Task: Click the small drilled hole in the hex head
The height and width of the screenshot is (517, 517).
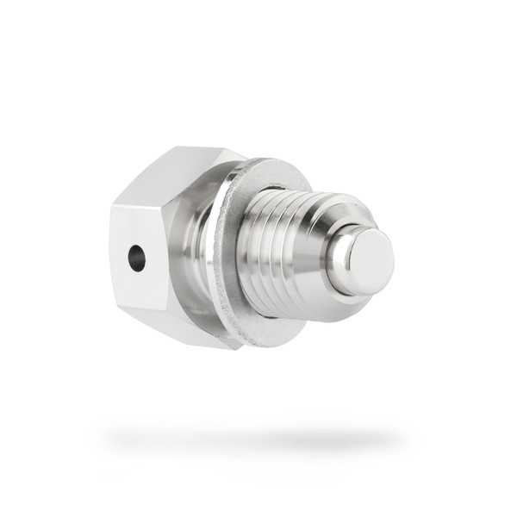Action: coord(136,257)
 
